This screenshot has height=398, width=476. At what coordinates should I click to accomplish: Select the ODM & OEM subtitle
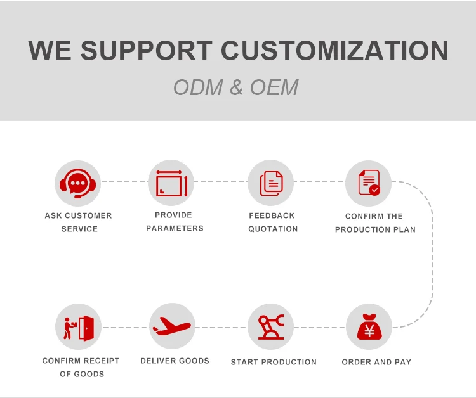click(x=235, y=87)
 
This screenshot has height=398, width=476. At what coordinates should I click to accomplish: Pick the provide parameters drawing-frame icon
click(x=171, y=183)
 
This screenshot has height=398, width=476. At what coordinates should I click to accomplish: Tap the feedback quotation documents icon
click(x=271, y=183)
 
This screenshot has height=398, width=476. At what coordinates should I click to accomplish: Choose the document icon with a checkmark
click(x=369, y=183)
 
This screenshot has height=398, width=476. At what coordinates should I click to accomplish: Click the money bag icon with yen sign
click(x=369, y=327)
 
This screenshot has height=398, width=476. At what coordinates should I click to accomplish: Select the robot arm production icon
click(x=271, y=327)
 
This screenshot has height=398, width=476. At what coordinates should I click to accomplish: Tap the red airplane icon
click(x=171, y=327)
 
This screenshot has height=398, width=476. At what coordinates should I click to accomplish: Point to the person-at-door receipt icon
click(x=79, y=327)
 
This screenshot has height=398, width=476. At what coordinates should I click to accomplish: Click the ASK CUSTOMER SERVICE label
click(x=79, y=222)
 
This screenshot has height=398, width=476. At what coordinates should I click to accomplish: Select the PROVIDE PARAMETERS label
click(x=174, y=221)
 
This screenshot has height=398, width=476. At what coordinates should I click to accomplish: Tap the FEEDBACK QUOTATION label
click(x=272, y=222)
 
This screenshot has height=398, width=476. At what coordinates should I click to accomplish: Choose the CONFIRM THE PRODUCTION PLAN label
click(x=374, y=222)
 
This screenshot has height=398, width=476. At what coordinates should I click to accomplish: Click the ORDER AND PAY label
click(x=376, y=362)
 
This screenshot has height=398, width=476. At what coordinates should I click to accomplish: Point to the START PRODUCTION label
click(x=274, y=362)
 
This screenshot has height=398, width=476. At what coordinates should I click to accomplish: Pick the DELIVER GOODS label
click(x=175, y=361)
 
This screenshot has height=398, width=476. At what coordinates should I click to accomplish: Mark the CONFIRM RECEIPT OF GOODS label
click(x=81, y=367)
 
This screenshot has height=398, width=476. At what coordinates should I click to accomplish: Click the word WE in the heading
click(x=50, y=51)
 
